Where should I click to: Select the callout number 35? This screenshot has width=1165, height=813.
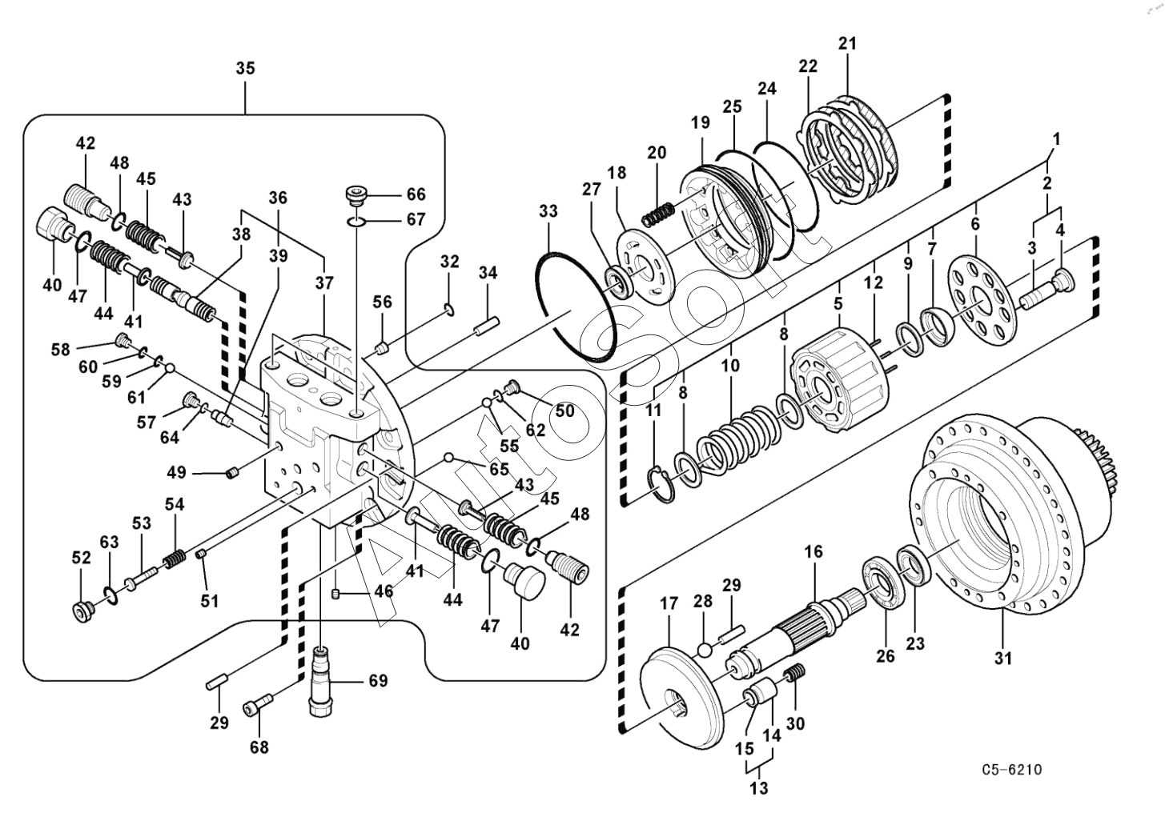tap(246, 68)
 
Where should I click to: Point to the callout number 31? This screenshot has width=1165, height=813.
tap(1003, 658)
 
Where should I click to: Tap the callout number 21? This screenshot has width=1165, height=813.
tap(847, 43)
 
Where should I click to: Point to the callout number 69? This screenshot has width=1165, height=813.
tap(378, 680)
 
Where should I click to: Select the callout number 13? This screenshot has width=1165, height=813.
tap(759, 788)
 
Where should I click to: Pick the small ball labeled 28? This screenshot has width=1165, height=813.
tap(704, 650)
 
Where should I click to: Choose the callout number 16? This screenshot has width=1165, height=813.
tap(814, 551)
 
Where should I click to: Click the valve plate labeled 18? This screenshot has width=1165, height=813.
tap(644, 265)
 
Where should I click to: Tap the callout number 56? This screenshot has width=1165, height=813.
tap(382, 302)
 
